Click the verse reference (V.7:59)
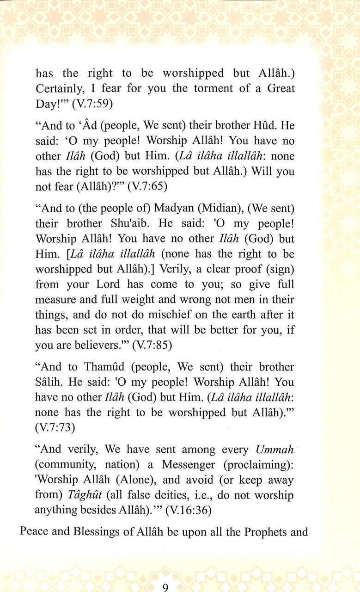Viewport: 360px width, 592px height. click(x=92, y=104)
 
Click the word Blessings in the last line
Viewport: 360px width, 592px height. click(x=96, y=531)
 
